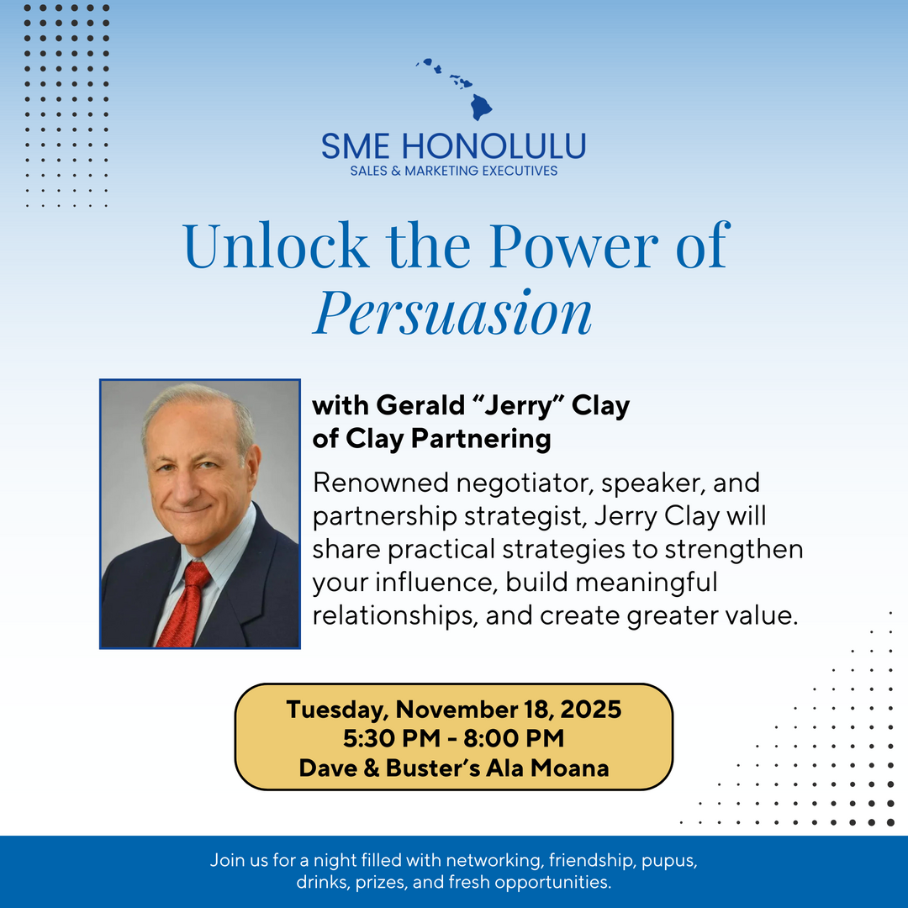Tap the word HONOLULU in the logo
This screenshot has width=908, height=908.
494,146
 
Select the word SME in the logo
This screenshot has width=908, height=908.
355,146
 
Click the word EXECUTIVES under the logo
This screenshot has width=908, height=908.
520,171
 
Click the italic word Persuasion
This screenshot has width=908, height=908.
453,313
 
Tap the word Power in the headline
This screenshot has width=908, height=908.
574,245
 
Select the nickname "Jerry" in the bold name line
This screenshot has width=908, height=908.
518,406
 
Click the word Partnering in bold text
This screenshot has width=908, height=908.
481,439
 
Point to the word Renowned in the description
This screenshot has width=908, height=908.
381,483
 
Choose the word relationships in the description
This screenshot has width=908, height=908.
395,615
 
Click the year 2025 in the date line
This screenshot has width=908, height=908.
591,710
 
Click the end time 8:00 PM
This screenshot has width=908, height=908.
514,738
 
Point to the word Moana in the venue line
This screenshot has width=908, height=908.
570,768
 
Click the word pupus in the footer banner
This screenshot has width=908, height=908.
669,861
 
